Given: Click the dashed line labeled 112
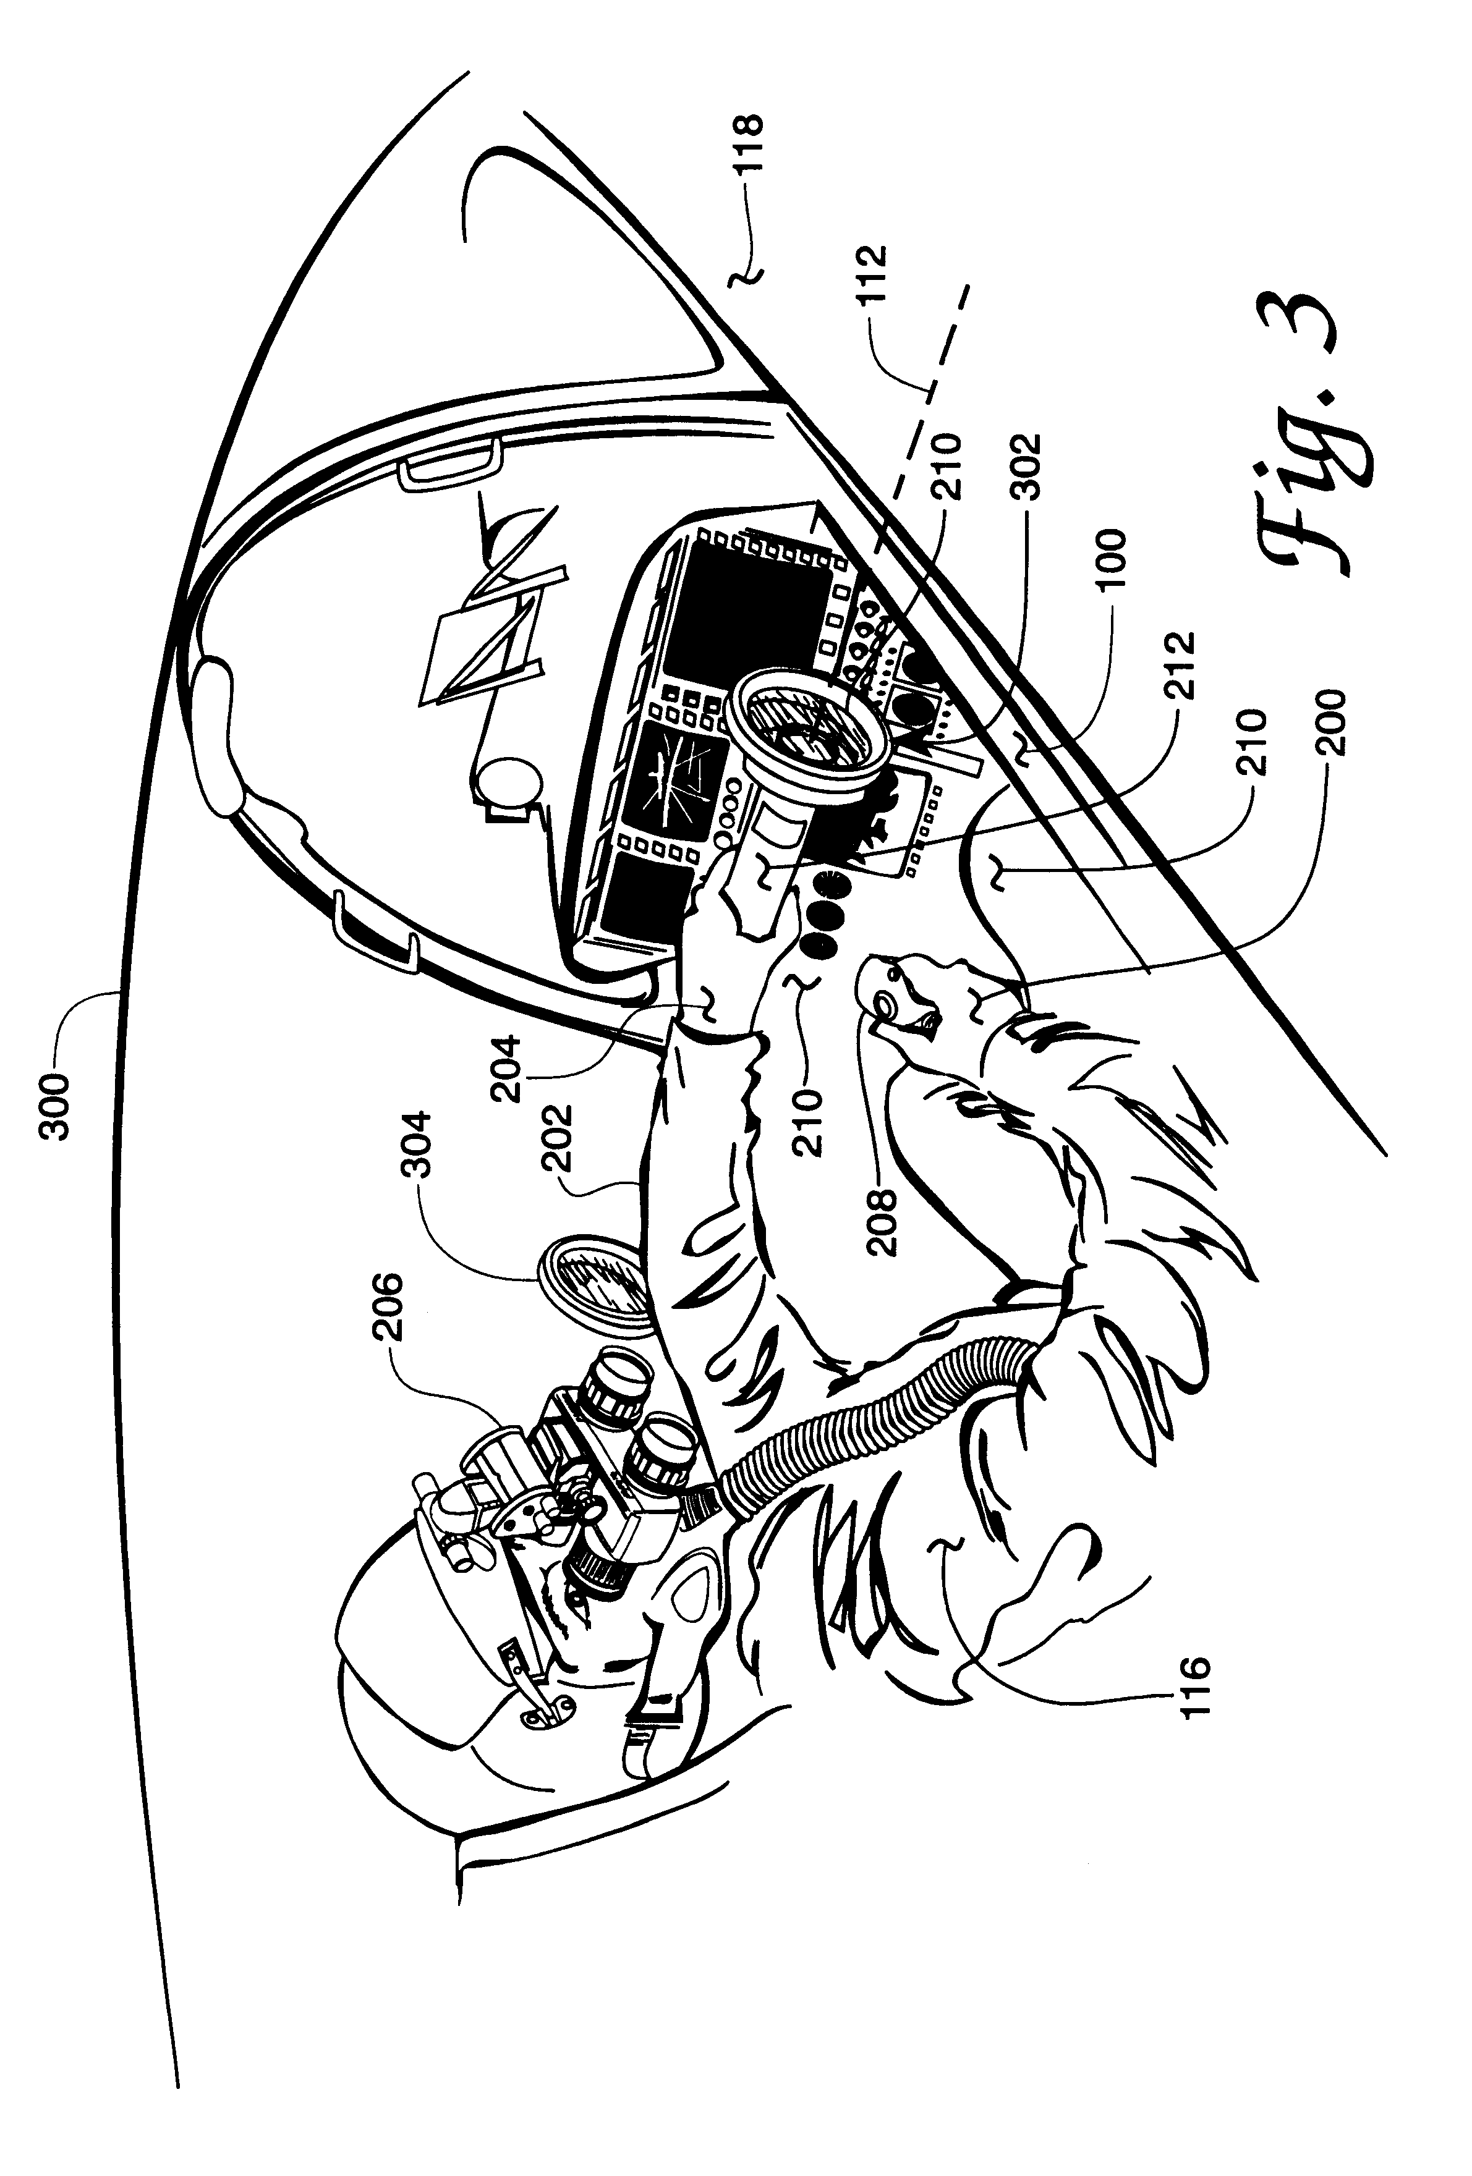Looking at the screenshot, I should (927, 393).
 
